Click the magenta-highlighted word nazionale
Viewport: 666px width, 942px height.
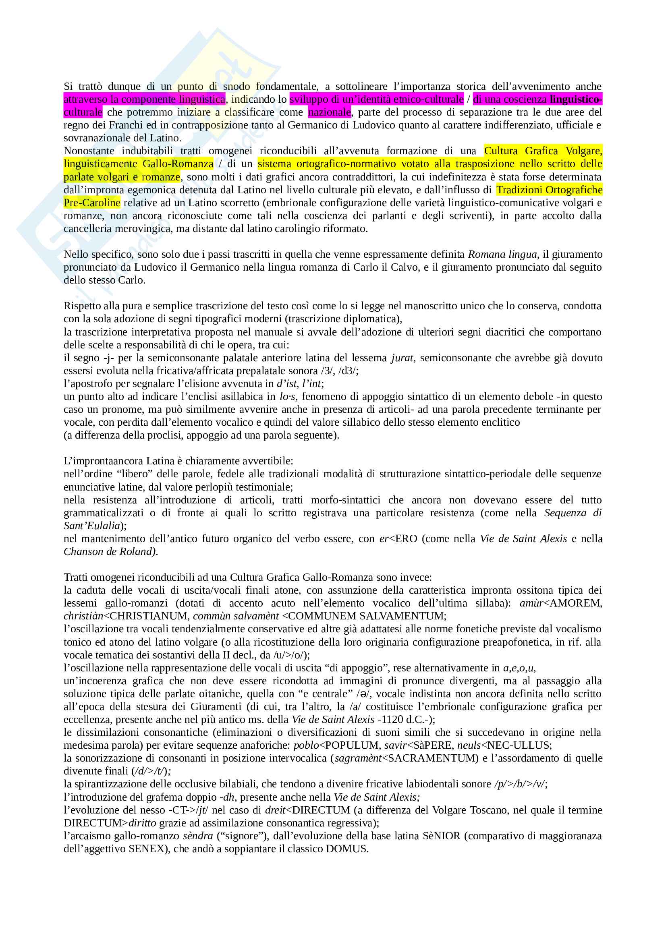(x=330, y=112)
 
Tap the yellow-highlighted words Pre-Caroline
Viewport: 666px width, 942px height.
(x=92, y=203)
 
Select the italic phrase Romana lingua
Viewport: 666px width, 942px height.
(x=502, y=255)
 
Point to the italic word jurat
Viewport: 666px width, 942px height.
(x=402, y=358)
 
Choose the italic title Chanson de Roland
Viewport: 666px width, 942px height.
(x=110, y=551)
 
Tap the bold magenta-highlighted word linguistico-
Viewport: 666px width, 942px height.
(x=576, y=99)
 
